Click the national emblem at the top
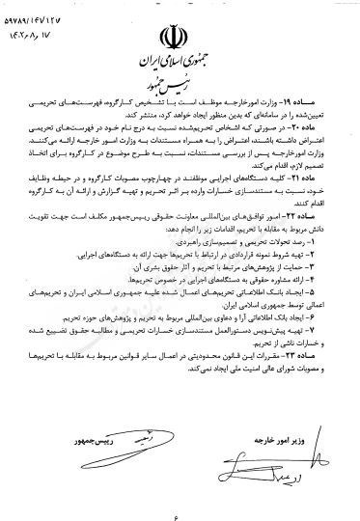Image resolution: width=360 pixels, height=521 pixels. coord(180,41)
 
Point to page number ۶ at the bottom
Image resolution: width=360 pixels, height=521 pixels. coord(180,505)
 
